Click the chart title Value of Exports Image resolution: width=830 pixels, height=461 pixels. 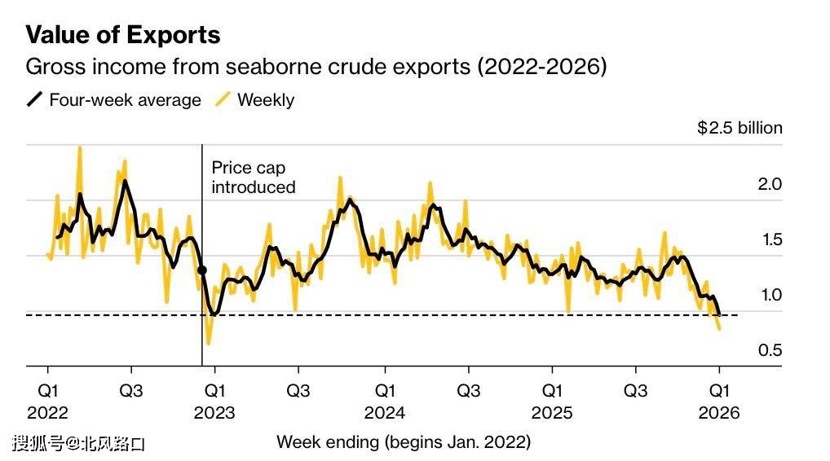coord(123,35)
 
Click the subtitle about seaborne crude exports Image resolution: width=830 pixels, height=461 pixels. coord(316,67)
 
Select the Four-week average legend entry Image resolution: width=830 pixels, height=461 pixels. coord(114,100)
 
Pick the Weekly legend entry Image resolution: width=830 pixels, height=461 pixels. coord(254,100)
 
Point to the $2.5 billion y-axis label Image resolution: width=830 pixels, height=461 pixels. coord(739,128)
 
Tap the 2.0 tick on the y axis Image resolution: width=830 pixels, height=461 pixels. coord(770,184)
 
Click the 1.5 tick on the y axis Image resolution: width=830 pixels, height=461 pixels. coord(770,239)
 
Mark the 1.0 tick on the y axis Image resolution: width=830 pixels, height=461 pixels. coord(770,295)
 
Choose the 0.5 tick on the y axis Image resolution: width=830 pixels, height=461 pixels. coord(770,350)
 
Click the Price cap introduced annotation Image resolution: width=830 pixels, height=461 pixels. coord(253,177)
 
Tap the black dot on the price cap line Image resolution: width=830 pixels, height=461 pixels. coord(202,270)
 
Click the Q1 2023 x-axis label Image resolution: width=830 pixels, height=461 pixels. coord(215,402)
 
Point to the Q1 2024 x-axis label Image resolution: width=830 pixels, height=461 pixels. coord(384,402)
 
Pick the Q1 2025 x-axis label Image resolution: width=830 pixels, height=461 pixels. coord(553,402)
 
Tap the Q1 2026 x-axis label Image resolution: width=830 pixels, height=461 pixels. coord(718,402)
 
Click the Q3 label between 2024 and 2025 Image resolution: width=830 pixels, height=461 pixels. coord(468,392)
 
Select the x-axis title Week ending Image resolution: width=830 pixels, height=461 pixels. coord(404,442)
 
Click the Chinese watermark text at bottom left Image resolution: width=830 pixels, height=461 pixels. coord(78,444)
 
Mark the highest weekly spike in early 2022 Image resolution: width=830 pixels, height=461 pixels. coord(79,148)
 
